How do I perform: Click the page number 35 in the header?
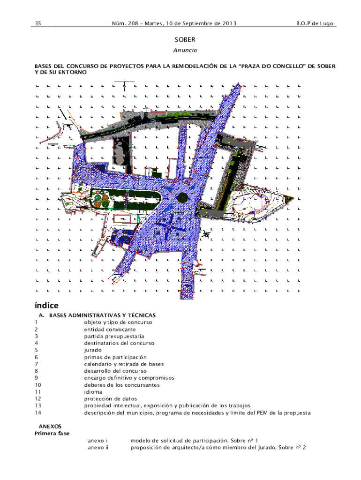tap(38, 23)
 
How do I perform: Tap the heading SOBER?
tap(185, 40)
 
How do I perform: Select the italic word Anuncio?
tap(185, 50)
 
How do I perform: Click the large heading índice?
tap(46, 306)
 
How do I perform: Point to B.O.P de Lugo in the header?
tap(315, 23)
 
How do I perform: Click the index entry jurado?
tap(93, 350)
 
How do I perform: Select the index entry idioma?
tap(93, 392)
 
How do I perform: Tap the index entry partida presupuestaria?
tap(114, 337)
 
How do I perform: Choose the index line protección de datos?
tap(111, 399)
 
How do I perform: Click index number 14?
tap(38, 412)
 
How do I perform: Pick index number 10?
tap(38, 385)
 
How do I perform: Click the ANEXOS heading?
tap(50, 427)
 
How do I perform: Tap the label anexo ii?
tap(98, 448)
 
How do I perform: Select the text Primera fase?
tap(52, 434)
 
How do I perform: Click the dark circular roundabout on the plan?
tap(182, 197)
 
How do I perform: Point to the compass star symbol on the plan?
tap(206, 234)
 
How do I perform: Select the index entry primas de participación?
tap(115, 357)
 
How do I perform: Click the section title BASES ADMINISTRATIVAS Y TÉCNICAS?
tap(102, 315)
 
